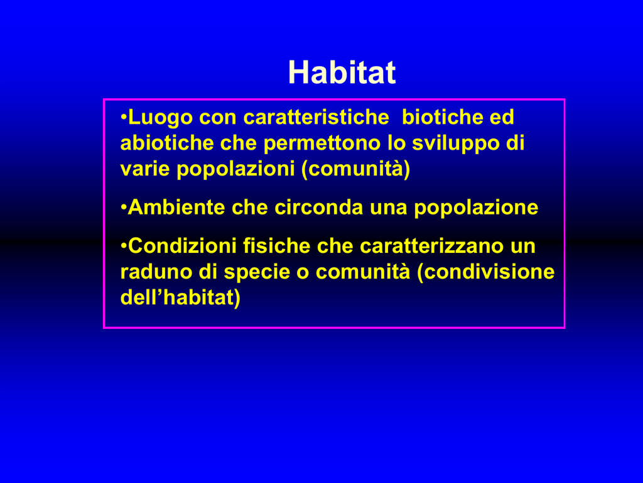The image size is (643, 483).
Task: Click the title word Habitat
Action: point(342,72)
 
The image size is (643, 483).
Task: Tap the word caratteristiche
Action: point(316,117)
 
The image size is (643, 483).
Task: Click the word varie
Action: point(145,169)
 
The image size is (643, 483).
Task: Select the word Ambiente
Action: point(176,207)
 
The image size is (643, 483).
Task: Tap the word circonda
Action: point(318,207)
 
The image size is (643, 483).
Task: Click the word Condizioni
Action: point(182,246)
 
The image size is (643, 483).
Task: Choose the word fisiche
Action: point(277,246)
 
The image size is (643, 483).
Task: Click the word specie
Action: point(257,272)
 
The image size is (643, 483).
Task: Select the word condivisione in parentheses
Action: point(486,272)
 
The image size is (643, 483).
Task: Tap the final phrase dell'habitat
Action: point(180,297)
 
